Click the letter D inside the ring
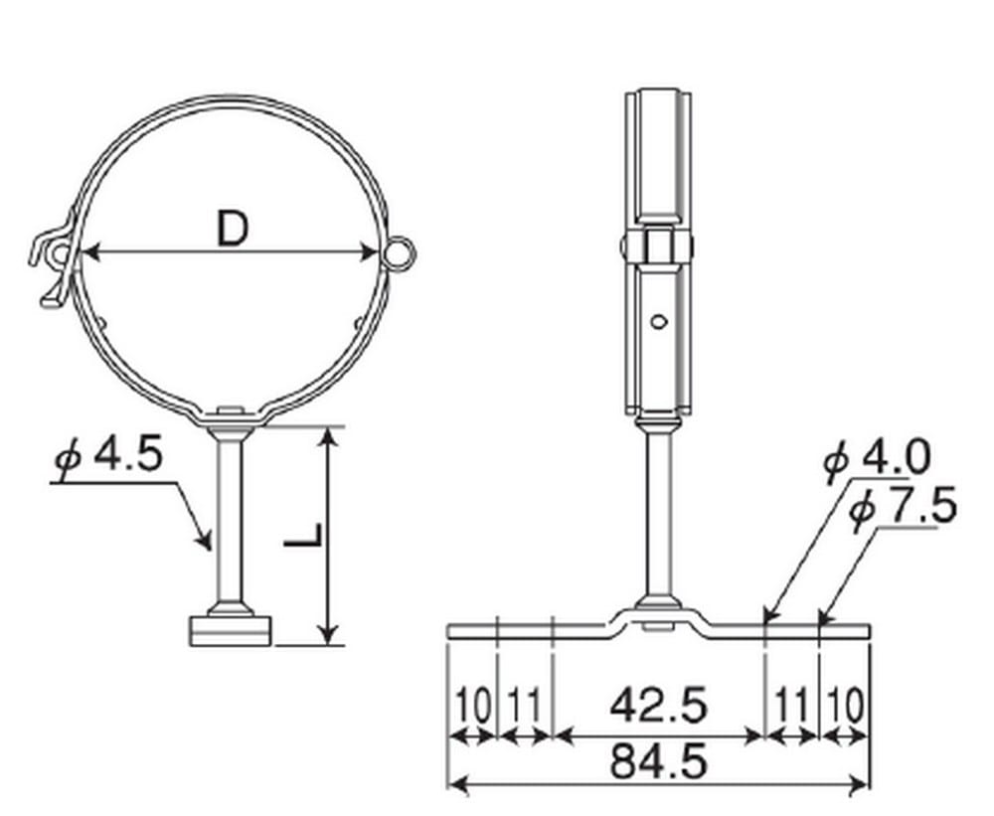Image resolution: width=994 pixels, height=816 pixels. (233, 229)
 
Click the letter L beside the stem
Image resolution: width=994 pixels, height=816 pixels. (303, 536)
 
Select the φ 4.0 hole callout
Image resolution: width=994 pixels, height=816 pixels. (877, 458)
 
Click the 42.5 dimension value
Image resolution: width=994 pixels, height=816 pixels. (658, 707)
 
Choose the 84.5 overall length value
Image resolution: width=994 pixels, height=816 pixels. (658, 761)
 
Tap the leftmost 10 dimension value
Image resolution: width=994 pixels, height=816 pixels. (473, 706)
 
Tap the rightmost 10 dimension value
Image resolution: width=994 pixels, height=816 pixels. (845, 706)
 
